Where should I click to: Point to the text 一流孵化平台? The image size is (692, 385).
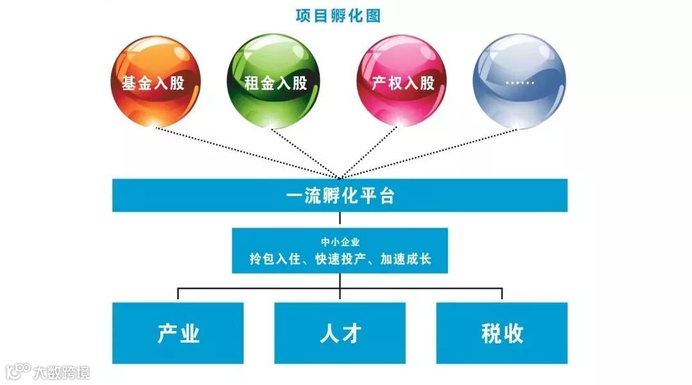[340, 195]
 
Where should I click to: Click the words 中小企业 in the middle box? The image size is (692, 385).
[340, 242]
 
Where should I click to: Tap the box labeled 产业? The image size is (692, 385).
[178, 333]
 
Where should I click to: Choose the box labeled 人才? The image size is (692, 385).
[340, 333]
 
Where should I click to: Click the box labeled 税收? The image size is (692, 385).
[502, 333]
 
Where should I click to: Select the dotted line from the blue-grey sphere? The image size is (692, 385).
[429, 152]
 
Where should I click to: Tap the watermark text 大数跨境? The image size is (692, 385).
[62, 372]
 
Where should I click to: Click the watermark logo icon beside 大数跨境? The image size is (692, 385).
[17, 372]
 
